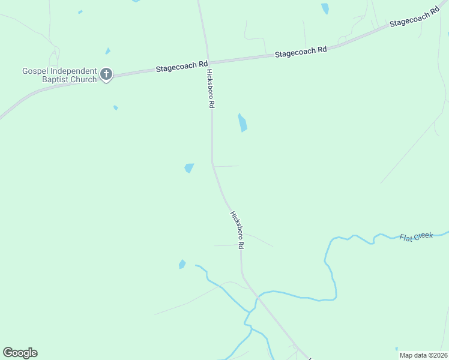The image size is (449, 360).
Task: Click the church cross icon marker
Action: point(106,74)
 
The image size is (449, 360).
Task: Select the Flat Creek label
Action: point(416,237)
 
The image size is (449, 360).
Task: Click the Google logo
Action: point(20,353)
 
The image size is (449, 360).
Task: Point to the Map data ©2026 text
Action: point(423,355)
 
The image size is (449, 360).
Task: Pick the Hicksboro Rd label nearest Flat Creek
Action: point(237,230)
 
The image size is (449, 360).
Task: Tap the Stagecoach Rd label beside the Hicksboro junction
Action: point(182,65)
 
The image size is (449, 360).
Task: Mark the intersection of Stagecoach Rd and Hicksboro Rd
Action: point(207,62)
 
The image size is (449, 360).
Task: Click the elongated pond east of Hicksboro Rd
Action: point(243,122)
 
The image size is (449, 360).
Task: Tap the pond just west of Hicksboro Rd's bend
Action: point(189,168)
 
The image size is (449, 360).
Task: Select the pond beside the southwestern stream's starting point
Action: point(182,264)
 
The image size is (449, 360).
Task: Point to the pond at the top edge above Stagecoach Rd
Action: point(325,8)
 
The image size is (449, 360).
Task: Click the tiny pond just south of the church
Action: point(115,108)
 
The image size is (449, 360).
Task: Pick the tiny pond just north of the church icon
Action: point(107,51)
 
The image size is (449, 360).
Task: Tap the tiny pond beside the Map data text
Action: point(396,349)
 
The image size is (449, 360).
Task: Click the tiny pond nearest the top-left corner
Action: point(80,11)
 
